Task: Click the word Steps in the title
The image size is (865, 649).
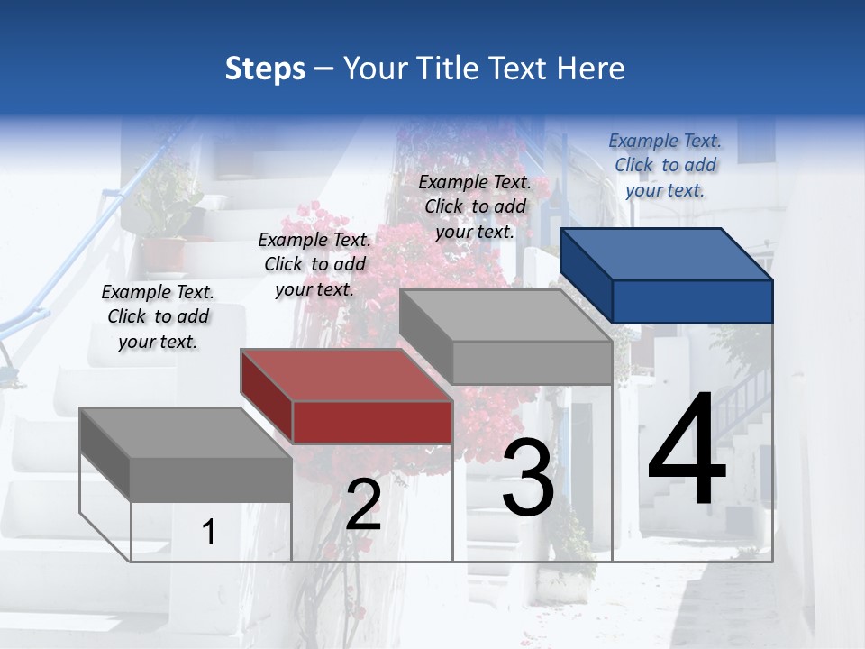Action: point(265,69)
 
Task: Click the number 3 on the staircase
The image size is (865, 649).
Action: point(528,478)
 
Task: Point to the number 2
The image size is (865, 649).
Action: point(363,505)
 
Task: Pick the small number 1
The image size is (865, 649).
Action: point(209,533)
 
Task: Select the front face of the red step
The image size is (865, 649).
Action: point(372,422)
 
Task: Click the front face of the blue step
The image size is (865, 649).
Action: point(692,301)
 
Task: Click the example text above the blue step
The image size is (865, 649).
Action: point(665,165)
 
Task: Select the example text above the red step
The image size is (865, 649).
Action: point(314,264)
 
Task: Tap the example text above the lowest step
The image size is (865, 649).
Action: point(158,316)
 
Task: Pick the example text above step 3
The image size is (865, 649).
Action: point(475,206)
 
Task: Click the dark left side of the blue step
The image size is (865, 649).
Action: point(586,275)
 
